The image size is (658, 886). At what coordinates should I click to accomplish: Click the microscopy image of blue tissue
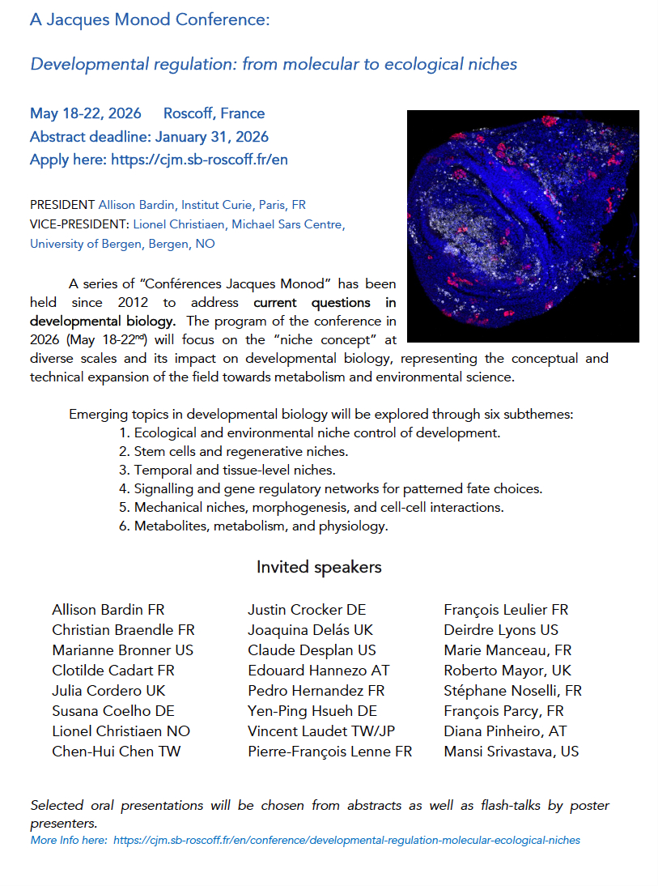click(523, 226)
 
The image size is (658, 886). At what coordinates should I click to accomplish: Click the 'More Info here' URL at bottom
click(346, 840)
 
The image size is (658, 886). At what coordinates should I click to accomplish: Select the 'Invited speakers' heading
click(319, 567)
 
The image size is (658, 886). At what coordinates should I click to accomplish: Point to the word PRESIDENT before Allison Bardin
click(62, 205)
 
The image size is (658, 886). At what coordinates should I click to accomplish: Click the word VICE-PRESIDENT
click(79, 224)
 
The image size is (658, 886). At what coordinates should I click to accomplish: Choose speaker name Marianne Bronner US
click(122, 650)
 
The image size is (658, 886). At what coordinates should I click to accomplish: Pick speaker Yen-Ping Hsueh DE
click(312, 711)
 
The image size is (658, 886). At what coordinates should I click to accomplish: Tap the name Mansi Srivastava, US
click(512, 752)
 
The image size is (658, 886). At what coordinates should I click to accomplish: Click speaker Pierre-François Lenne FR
click(329, 752)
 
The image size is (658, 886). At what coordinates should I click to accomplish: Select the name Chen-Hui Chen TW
click(116, 752)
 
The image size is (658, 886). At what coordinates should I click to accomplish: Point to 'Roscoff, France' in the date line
click(214, 113)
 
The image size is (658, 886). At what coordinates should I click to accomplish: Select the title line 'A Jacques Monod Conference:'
click(150, 20)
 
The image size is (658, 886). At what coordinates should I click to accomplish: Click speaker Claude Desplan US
click(312, 650)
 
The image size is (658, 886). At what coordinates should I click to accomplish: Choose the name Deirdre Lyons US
click(501, 630)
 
